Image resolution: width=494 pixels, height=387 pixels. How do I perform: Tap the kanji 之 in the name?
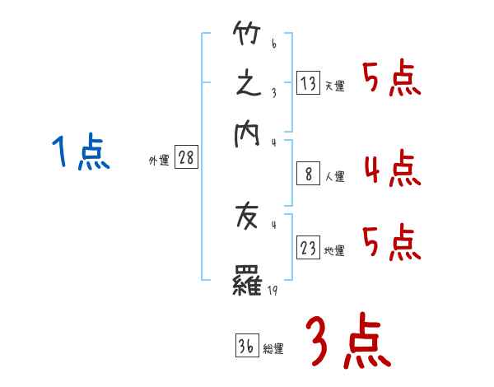click(247, 84)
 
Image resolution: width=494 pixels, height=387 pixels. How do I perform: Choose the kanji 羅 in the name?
click(247, 281)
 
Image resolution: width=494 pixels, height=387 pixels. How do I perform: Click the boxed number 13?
click(308, 82)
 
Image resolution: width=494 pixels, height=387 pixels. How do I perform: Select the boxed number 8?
click(308, 173)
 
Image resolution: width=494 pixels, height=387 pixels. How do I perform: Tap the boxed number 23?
click(308, 248)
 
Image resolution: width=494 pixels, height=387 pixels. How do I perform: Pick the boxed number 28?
click(186, 158)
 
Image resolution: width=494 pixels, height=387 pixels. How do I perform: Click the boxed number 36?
click(245, 347)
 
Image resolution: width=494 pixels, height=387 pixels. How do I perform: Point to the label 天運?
click(334, 86)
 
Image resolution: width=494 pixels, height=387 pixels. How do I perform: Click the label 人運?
click(334, 176)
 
